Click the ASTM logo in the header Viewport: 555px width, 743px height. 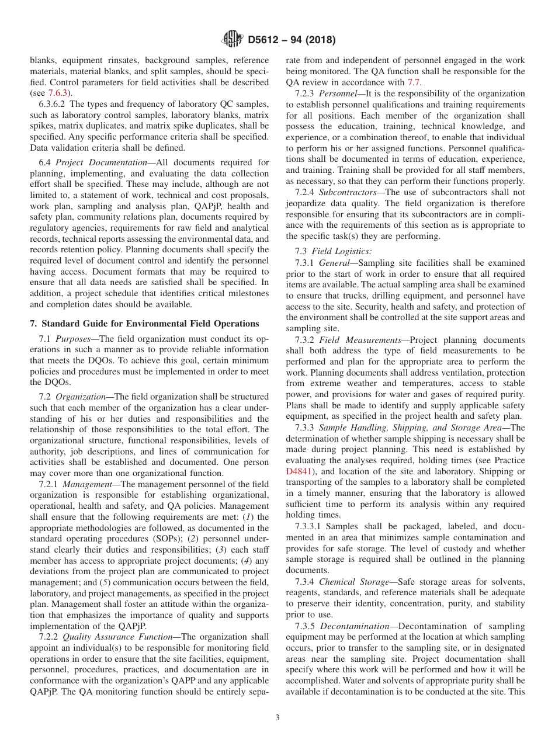233,40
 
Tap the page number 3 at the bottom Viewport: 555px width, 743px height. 277,718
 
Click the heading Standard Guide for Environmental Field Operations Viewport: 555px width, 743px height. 144,324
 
